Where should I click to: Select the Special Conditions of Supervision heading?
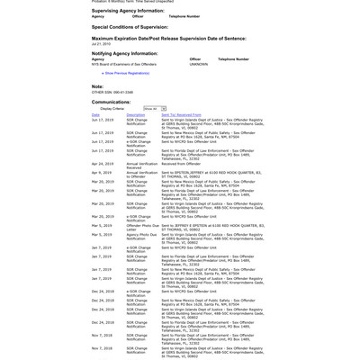tap(130, 27)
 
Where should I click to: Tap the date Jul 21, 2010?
tap(100, 44)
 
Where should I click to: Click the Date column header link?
tap(95, 115)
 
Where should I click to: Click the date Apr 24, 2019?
tap(101, 164)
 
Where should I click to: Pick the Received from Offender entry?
tap(183, 164)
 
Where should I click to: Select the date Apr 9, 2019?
tap(100, 171)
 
